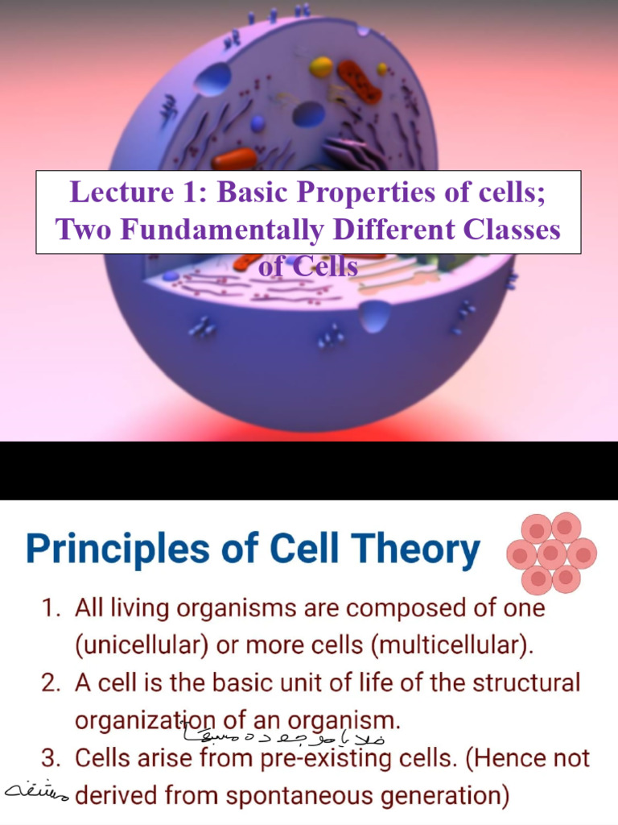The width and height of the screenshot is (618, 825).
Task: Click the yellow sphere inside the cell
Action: (x=321, y=67)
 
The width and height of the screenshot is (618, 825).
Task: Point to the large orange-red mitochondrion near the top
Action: (x=359, y=81)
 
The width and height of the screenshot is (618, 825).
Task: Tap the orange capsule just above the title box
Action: (x=234, y=159)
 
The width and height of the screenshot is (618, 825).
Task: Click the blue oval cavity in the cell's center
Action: (x=308, y=114)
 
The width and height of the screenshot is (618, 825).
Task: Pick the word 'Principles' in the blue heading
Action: (x=117, y=550)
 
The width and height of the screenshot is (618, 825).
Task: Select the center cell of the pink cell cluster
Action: (x=551, y=553)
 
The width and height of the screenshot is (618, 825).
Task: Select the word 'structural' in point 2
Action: (x=523, y=684)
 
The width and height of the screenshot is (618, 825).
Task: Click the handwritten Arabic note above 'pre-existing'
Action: (x=287, y=735)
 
